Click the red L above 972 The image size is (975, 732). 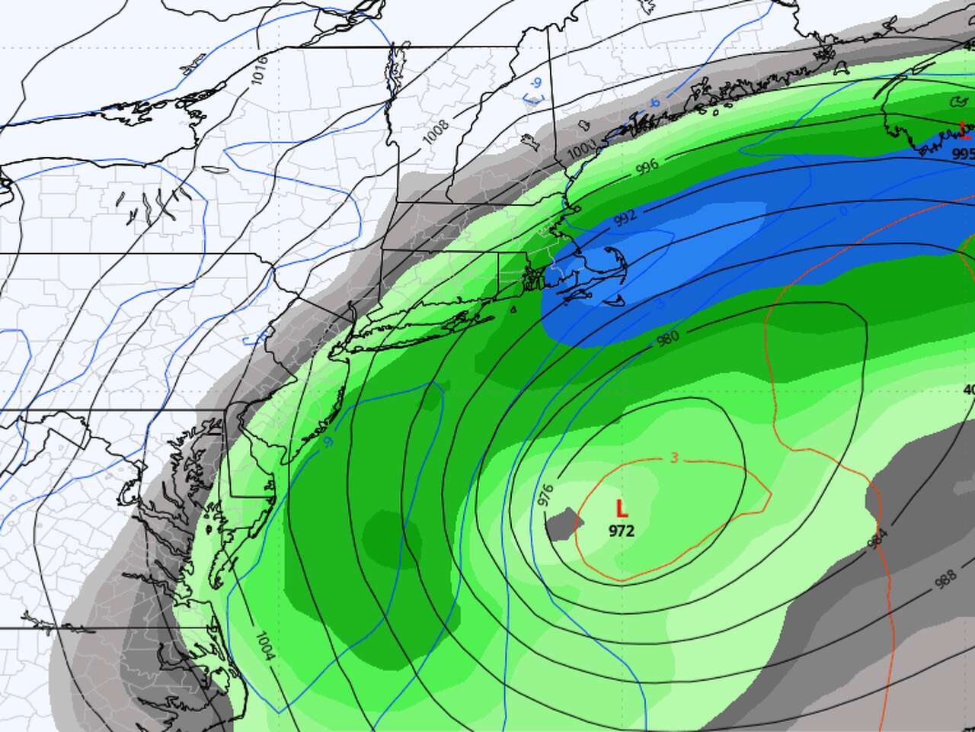pos(622,509)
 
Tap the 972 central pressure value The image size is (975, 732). pos(622,531)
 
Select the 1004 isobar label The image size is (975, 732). pos(266,646)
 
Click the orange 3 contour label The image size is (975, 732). pos(675,457)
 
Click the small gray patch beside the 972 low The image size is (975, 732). pos(564,525)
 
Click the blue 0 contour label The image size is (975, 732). pos(842,210)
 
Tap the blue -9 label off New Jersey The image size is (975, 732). pos(328,441)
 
